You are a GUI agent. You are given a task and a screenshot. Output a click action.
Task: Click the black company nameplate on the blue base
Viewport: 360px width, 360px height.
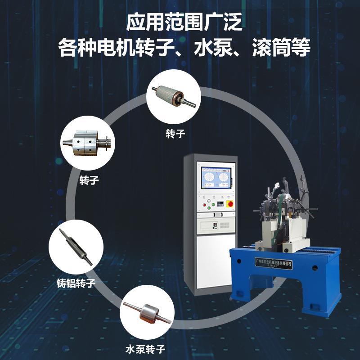(x=273, y=264)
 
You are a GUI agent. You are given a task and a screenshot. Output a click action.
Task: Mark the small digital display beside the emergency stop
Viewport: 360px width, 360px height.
(x=219, y=205)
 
